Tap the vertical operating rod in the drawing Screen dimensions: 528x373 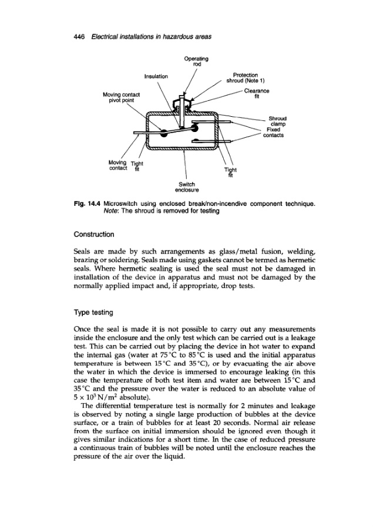(x=184, y=120)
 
